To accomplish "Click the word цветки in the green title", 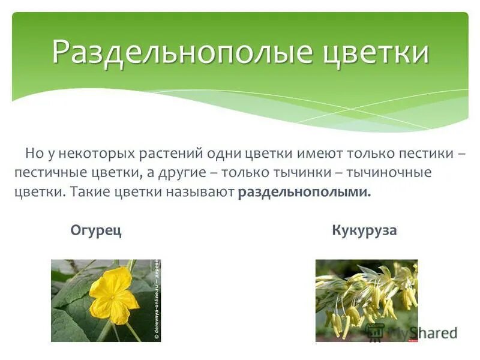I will pos(370,52).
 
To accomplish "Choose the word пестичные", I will pos(50,173).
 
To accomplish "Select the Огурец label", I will pos(96,230).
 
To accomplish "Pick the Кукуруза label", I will pos(364,230).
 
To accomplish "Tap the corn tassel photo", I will pos(366,300).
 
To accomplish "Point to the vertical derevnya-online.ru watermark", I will pos(157,300).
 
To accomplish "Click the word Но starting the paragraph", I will pos(32,153).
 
